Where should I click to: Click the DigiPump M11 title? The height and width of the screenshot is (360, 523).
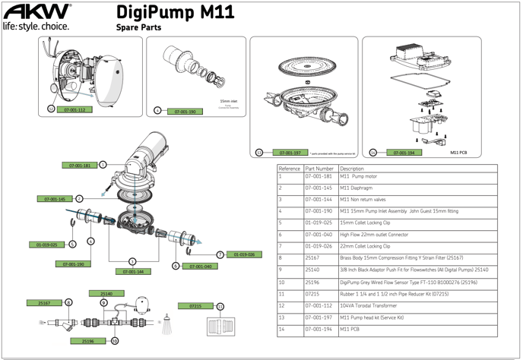click(176, 13)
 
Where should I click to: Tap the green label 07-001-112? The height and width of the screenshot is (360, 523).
click(74, 110)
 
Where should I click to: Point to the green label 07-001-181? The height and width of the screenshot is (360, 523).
click(80, 165)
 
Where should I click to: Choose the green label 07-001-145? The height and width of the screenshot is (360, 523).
click(56, 199)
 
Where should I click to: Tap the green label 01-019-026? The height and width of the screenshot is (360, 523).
click(243, 255)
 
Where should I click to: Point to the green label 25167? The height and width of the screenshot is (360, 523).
click(45, 302)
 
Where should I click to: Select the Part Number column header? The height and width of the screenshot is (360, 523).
click(319, 168)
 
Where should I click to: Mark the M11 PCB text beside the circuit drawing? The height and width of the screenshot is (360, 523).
click(458, 153)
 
